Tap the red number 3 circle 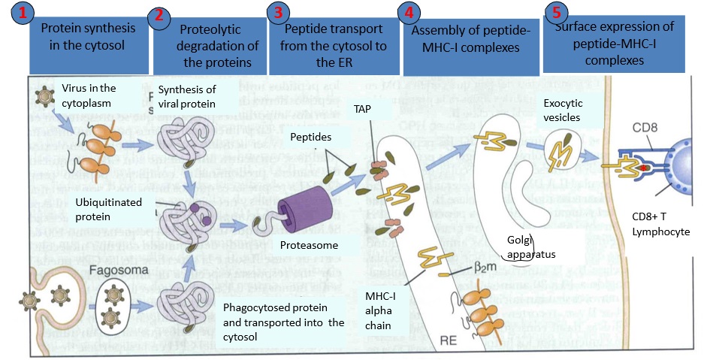click(x=279, y=13)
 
